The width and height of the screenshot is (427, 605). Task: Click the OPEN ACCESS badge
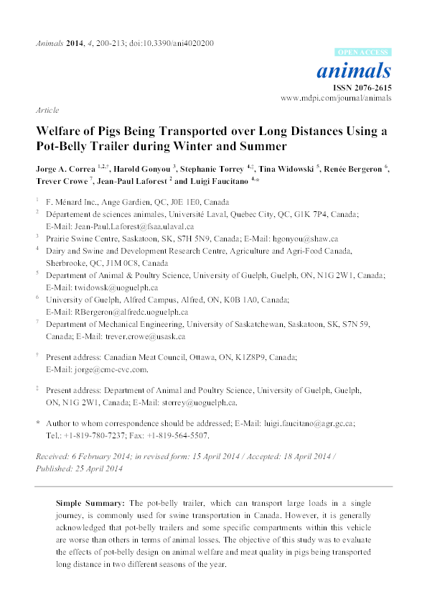[x=363, y=53]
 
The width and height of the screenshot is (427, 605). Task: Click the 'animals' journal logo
[x=365, y=71]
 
